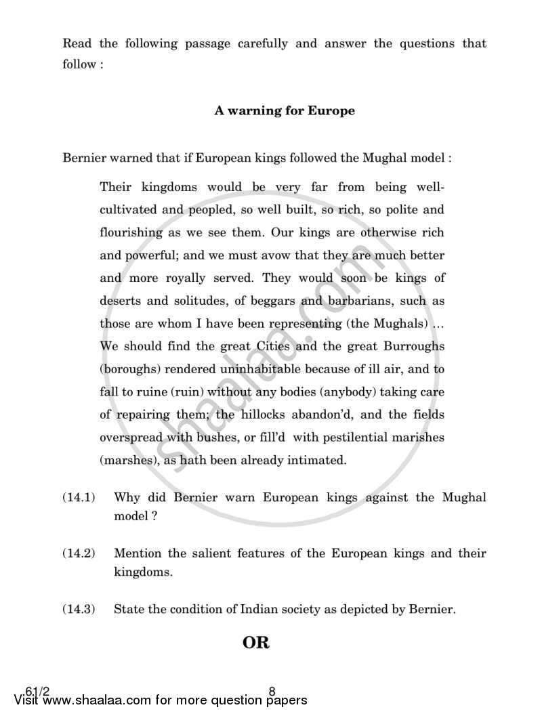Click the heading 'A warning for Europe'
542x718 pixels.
tap(285, 110)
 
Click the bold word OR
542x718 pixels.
tap(256, 643)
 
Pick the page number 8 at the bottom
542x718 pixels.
tap(272, 692)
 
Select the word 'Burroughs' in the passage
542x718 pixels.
tap(412, 346)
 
